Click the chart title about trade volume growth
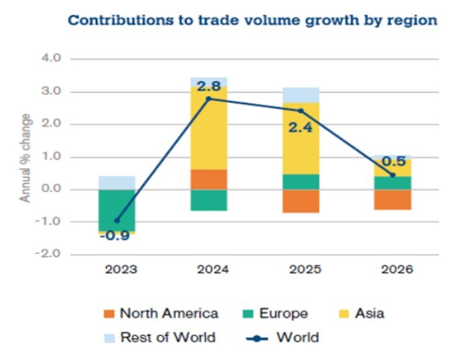coord(252,20)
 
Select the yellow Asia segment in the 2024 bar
coord(209,128)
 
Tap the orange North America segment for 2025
coord(301,201)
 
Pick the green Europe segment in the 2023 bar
coord(117,210)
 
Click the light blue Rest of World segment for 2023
coord(117,183)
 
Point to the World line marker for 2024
coord(209,99)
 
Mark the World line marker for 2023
coord(117,220)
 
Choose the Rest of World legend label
coord(168,337)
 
